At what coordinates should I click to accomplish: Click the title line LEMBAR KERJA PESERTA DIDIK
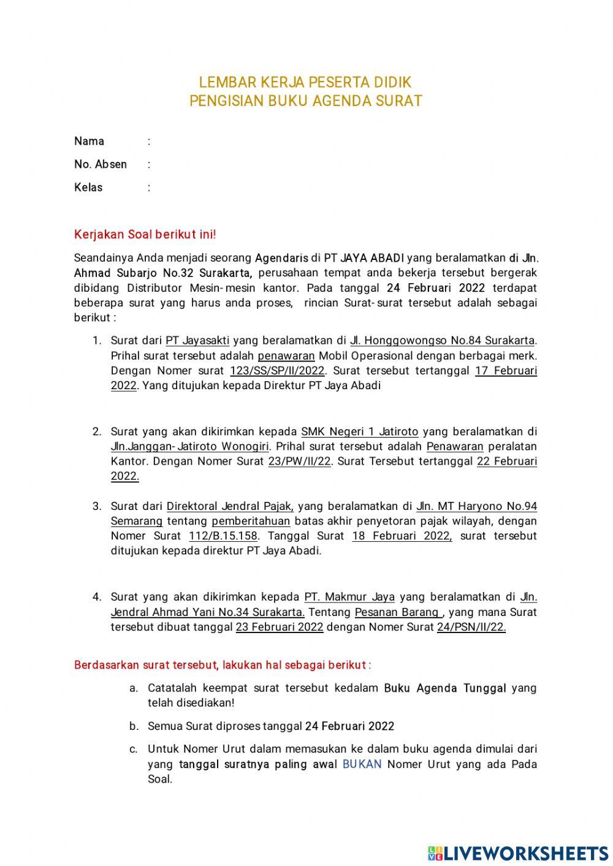[305, 82]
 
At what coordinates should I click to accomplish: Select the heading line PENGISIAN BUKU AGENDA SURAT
[305, 101]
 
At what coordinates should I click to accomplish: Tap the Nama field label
[89, 142]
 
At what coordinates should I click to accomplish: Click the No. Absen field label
[101, 164]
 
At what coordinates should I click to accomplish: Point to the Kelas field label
[88, 188]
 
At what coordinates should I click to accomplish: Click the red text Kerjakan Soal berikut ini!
[145, 235]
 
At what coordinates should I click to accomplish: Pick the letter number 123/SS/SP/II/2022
[278, 371]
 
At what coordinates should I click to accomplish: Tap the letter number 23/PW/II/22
[300, 461]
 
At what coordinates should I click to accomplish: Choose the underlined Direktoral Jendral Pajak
[230, 506]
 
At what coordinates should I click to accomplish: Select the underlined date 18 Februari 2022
[402, 536]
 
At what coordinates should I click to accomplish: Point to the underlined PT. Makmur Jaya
[349, 597]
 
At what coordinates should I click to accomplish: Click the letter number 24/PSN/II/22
[471, 627]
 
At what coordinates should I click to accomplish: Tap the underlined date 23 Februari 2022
[279, 627]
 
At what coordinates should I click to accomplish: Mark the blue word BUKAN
[362, 764]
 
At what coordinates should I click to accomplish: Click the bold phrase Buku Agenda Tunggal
[444, 688]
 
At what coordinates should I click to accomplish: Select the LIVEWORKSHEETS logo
[518, 853]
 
